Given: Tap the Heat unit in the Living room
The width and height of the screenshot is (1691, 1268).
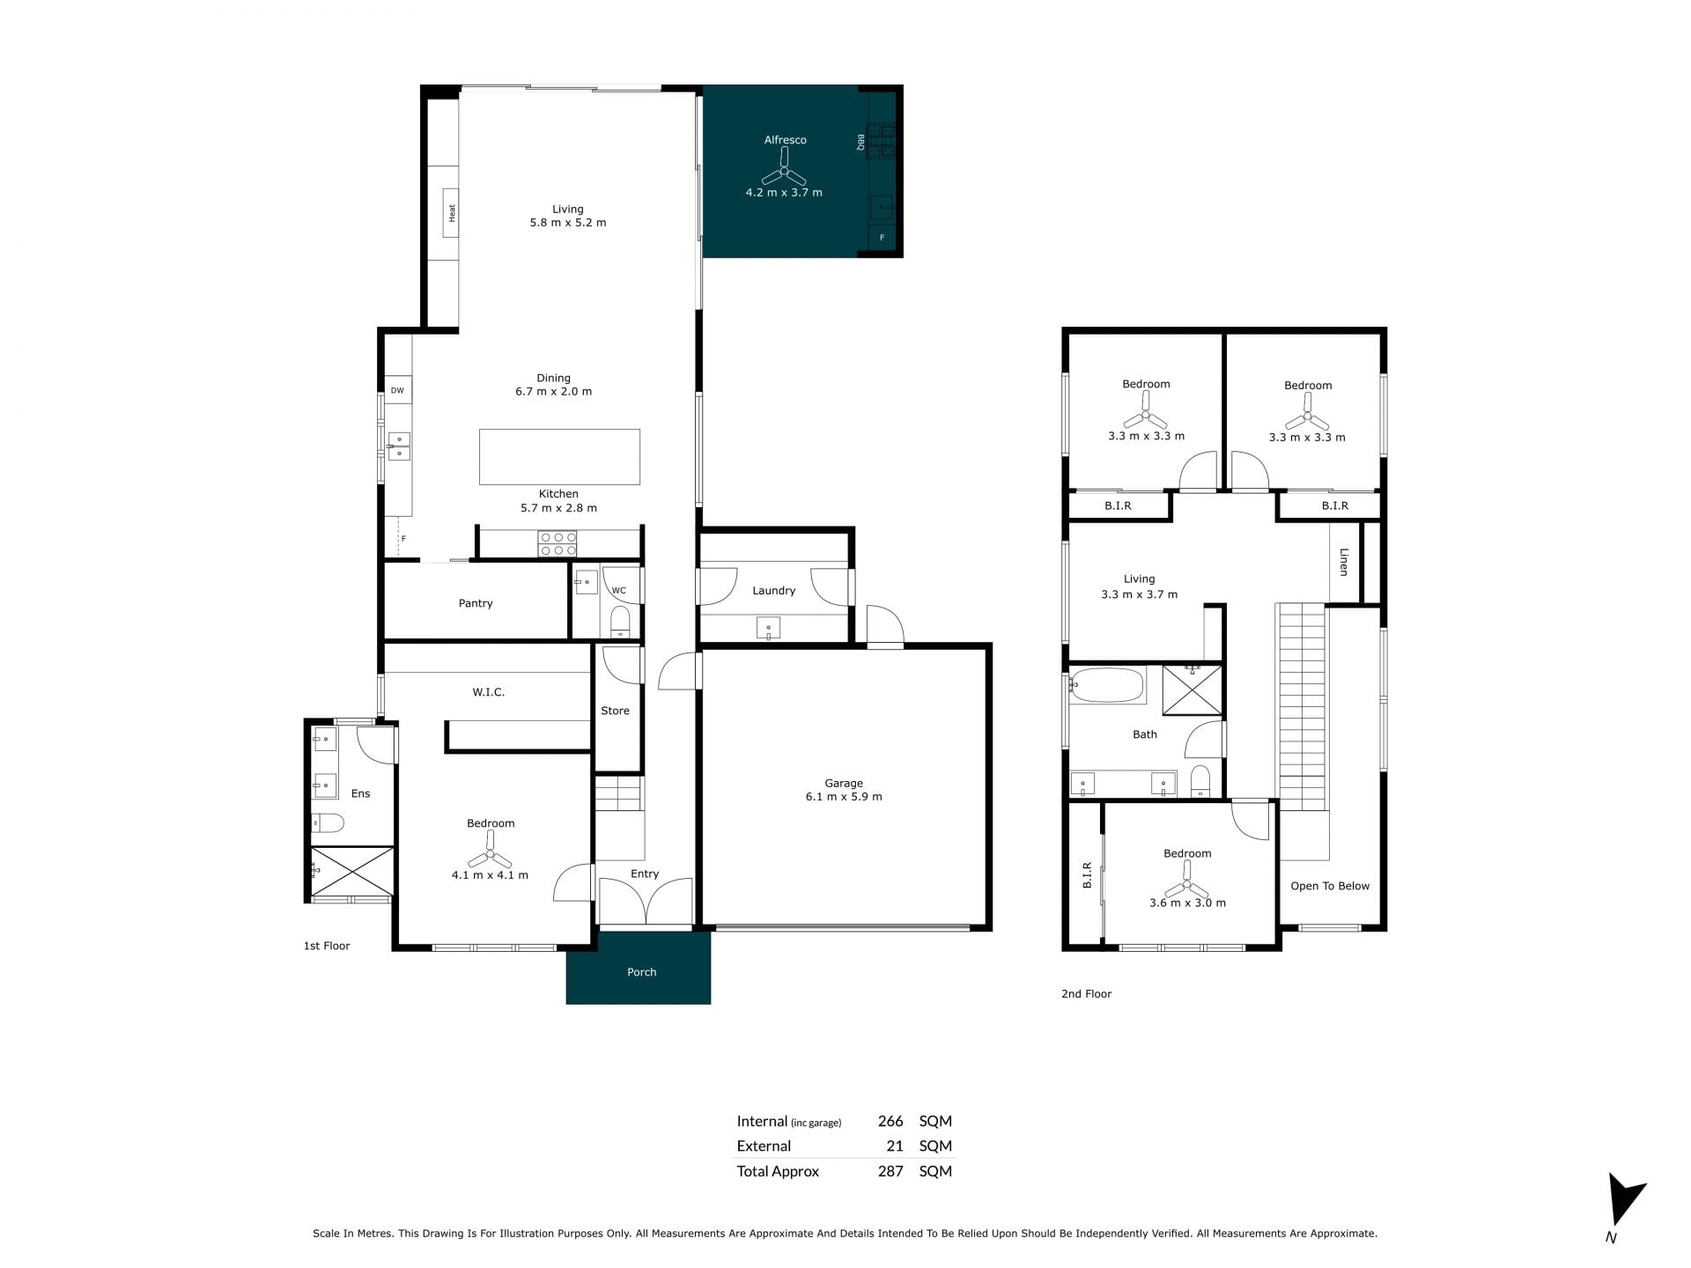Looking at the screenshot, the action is click(x=451, y=212).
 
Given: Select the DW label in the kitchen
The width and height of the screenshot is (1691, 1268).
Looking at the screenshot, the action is click(x=397, y=390).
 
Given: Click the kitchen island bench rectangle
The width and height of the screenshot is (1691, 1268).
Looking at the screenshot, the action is click(x=559, y=456).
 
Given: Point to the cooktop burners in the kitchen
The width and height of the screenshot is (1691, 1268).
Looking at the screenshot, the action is click(x=558, y=543).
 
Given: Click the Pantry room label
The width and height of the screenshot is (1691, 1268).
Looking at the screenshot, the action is click(x=476, y=603).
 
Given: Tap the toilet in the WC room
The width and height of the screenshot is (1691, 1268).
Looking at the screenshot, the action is click(x=621, y=620).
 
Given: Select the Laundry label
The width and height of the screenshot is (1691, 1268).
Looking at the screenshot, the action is click(x=773, y=591).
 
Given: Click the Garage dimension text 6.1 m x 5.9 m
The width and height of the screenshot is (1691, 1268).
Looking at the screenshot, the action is click(x=844, y=797).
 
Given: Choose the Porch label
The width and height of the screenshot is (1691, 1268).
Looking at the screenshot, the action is click(x=641, y=972).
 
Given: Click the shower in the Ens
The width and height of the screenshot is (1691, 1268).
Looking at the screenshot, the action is click(x=352, y=872).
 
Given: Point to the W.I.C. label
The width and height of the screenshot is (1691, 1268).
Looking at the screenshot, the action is click(x=488, y=692).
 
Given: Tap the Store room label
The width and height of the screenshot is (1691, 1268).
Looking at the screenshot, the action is click(x=615, y=711).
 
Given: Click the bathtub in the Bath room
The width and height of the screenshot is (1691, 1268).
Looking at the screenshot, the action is click(x=1107, y=684).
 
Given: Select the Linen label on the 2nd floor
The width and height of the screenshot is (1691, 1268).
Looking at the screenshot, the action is click(x=1344, y=562).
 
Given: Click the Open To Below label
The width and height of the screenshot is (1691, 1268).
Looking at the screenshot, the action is click(x=1330, y=886).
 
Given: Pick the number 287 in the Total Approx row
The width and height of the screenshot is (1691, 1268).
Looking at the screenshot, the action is click(x=890, y=1171).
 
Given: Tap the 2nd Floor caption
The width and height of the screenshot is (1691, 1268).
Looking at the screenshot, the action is click(x=1086, y=993).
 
